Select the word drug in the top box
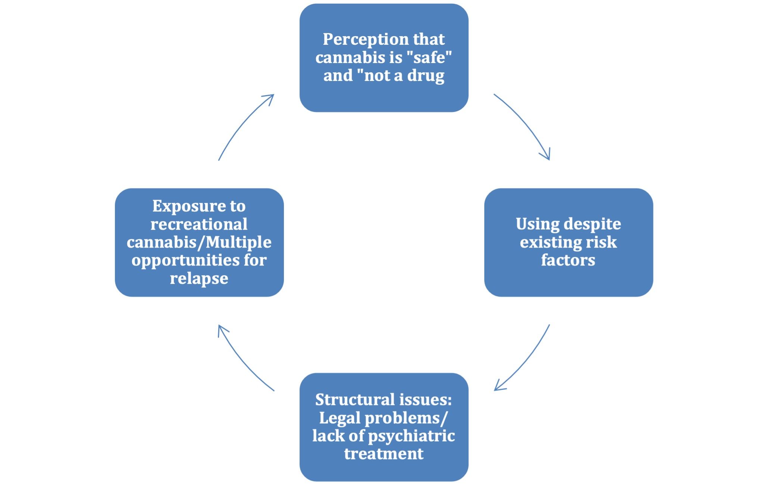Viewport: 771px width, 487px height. coord(426,76)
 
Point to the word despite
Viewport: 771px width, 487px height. coord(592,224)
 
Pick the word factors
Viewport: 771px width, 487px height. coord(568,260)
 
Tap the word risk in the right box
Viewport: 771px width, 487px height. coord(602,242)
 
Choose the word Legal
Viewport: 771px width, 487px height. coord(340,418)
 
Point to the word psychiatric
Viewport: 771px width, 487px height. coord(411,436)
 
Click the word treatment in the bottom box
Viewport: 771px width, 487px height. coord(384,454)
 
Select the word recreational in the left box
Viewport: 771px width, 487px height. coord(199,224)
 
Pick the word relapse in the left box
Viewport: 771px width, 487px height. coord(199,279)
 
